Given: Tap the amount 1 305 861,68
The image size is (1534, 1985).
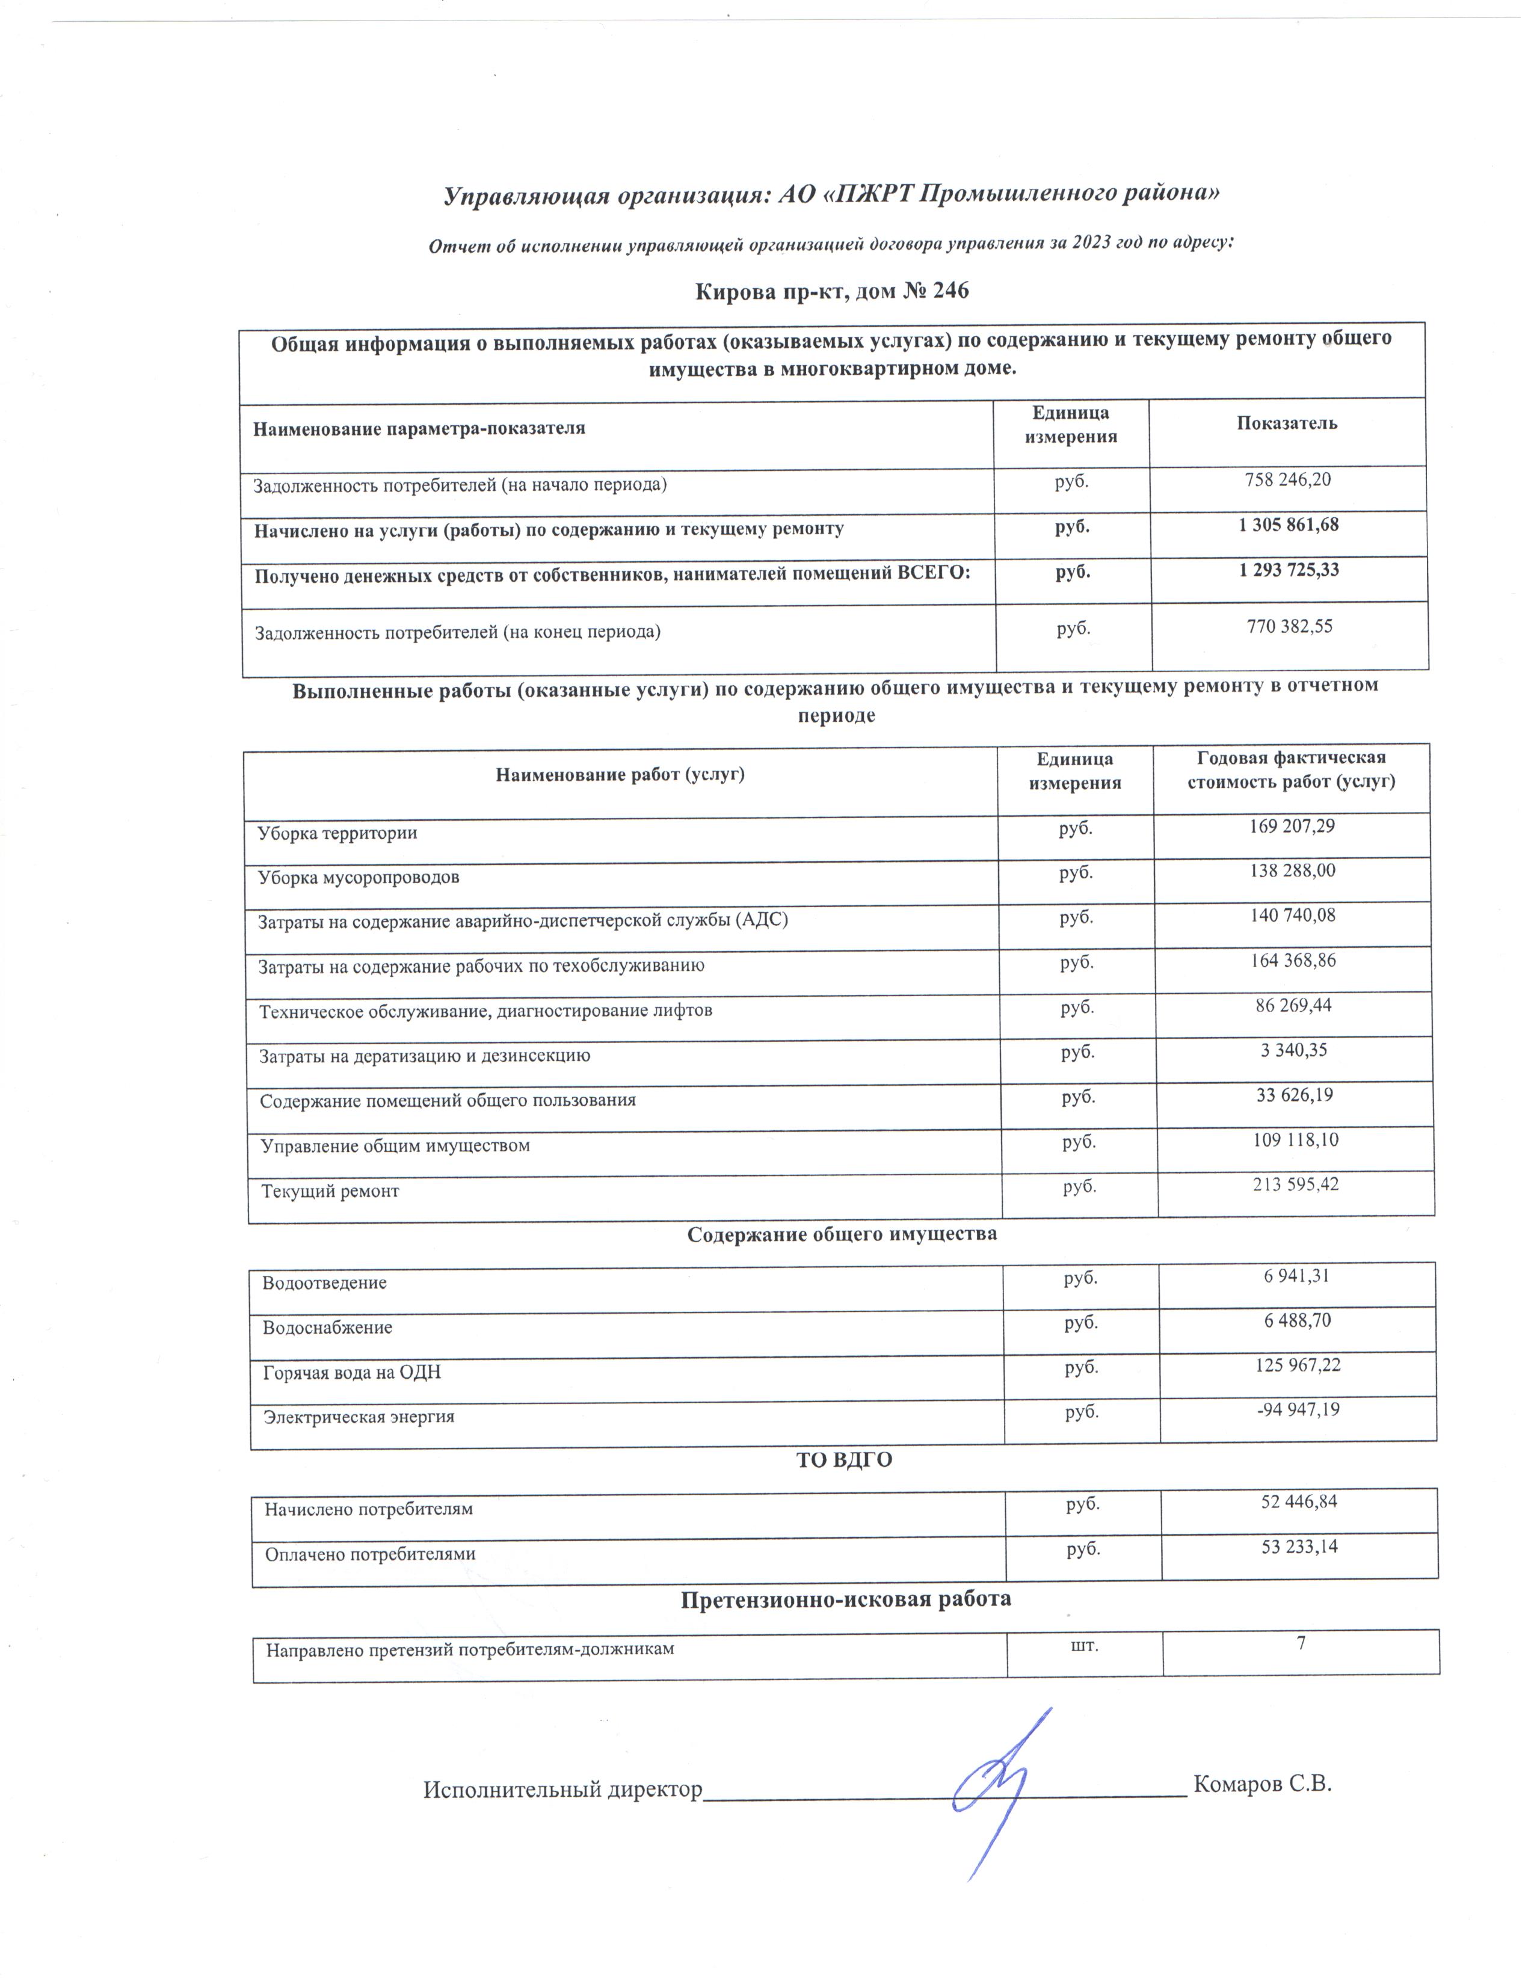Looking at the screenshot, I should click(1288, 525).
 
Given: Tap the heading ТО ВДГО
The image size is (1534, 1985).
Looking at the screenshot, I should click(843, 1460).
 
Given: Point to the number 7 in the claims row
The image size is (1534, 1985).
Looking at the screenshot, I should click(1301, 1642).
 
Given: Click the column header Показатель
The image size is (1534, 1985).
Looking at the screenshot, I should click(1286, 423).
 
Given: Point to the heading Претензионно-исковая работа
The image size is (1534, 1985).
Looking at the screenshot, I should click(845, 1599).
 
